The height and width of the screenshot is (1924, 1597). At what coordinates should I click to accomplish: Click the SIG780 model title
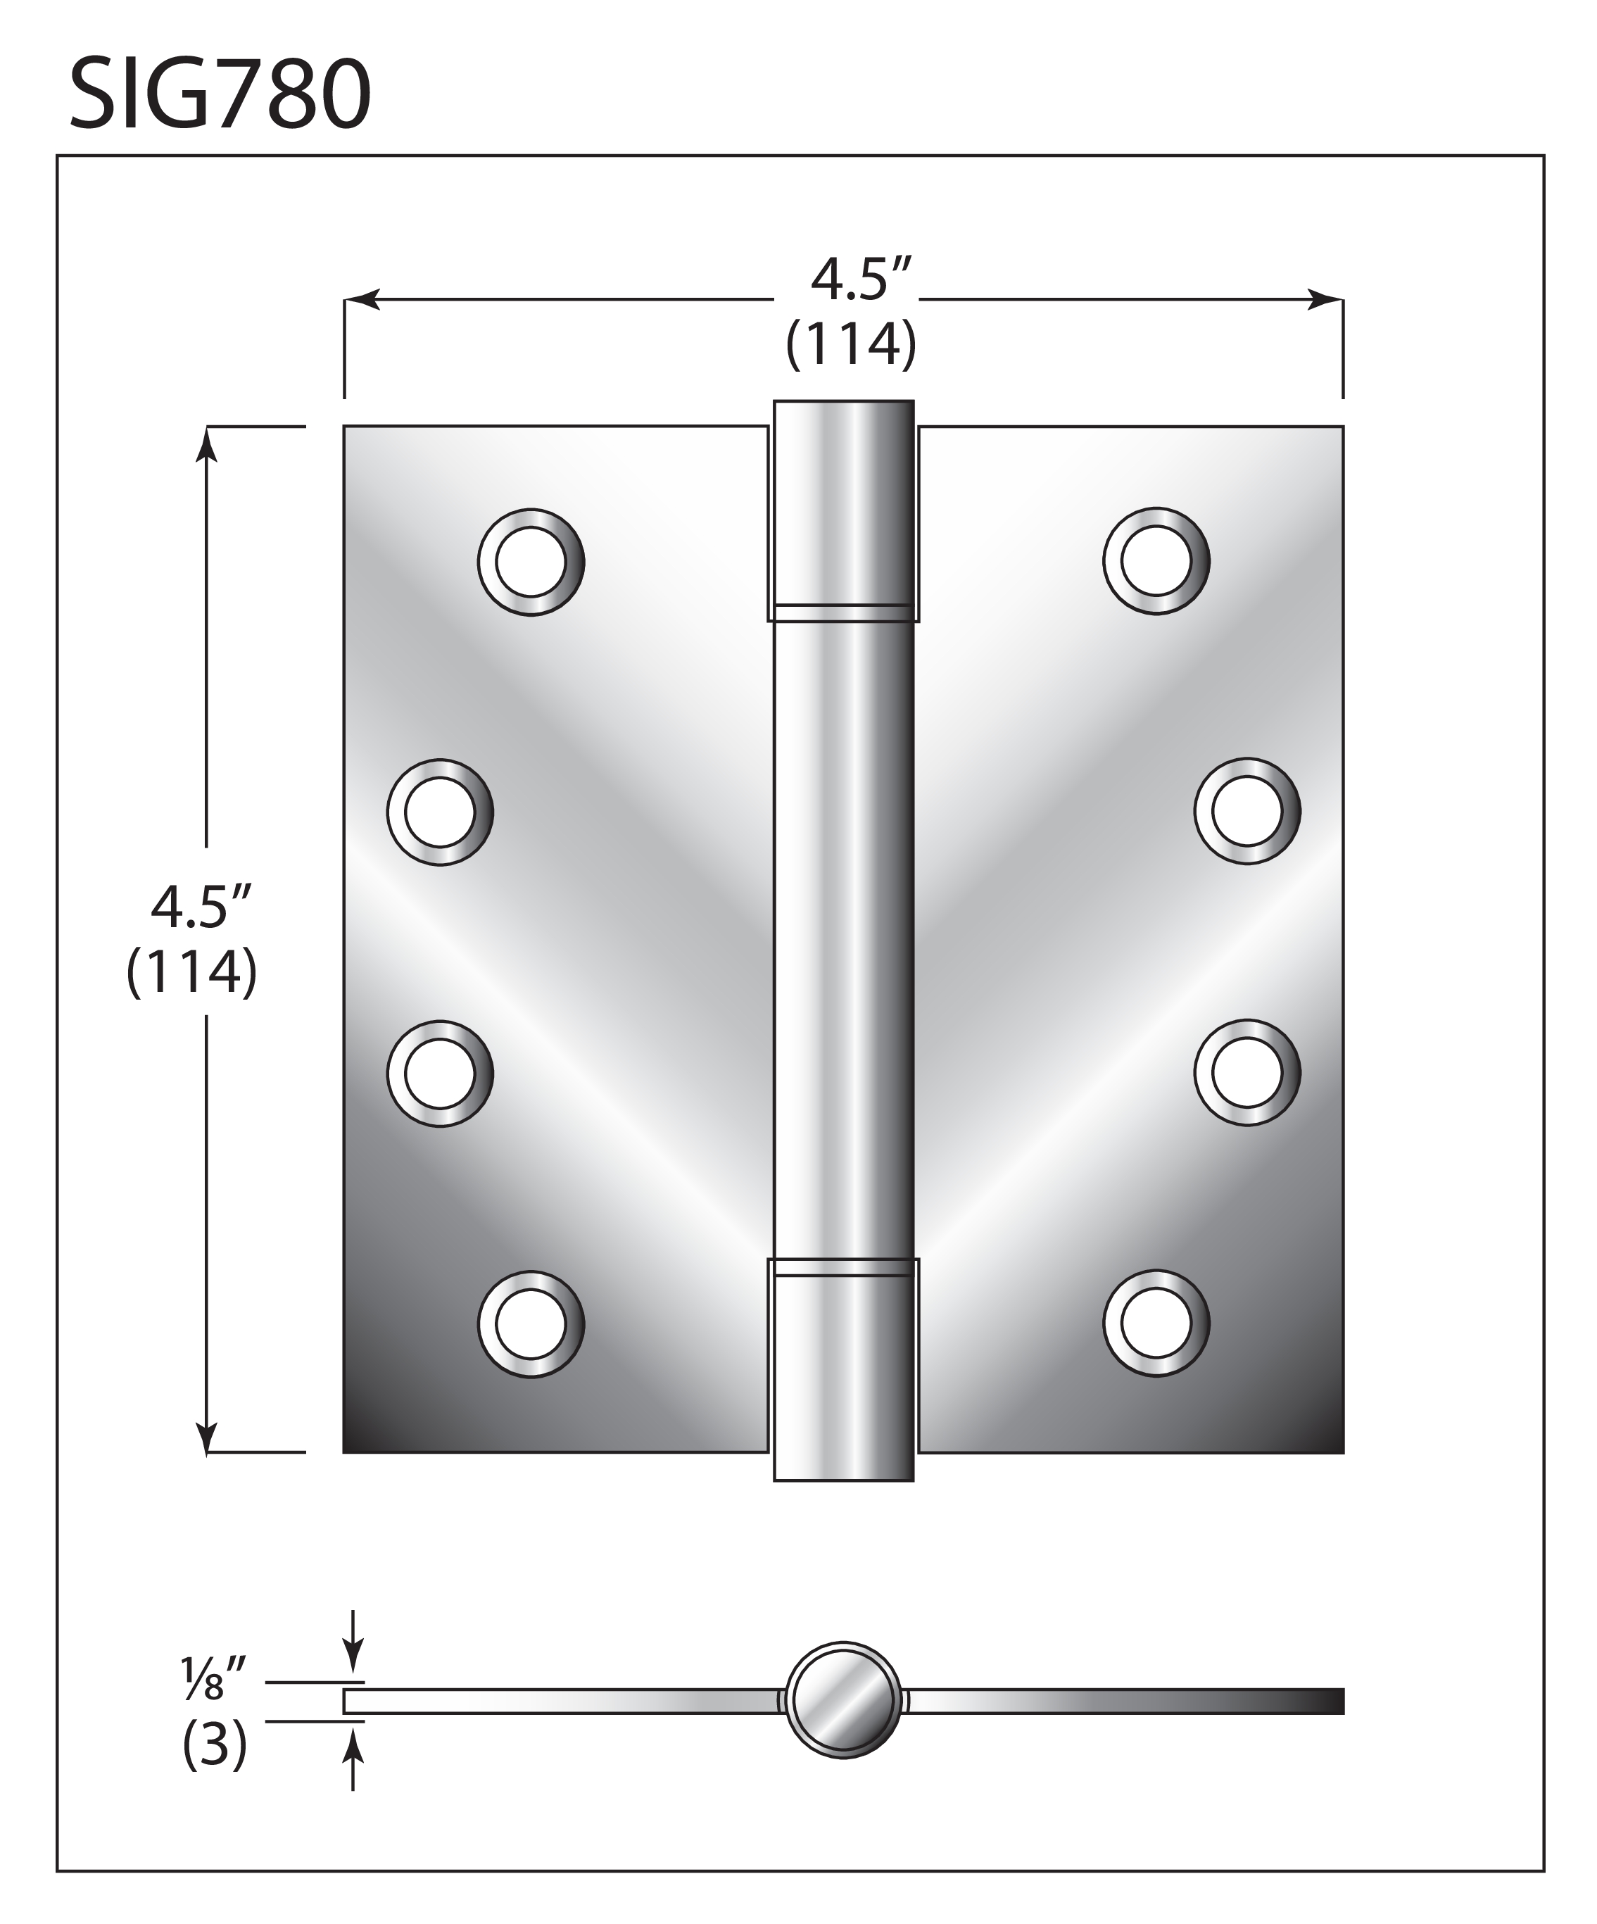pyautogui.click(x=220, y=94)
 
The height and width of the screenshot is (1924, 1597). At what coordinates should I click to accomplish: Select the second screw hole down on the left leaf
pyautogui.click(x=440, y=812)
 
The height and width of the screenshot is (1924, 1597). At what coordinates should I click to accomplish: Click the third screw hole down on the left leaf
pyautogui.click(x=440, y=1073)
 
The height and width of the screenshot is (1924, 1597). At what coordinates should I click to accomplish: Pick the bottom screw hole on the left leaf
pyautogui.click(x=531, y=1324)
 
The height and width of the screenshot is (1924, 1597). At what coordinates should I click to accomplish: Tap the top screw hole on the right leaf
pyautogui.click(x=1156, y=560)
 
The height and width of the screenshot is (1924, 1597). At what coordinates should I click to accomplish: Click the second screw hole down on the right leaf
pyautogui.click(x=1247, y=811)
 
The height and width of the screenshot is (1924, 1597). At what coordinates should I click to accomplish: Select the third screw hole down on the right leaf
pyautogui.click(x=1247, y=1072)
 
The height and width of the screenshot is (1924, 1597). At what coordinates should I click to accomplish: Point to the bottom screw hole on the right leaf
pyautogui.click(x=1156, y=1323)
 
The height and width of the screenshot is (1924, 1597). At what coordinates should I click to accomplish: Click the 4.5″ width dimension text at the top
pyautogui.click(x=861, y=280)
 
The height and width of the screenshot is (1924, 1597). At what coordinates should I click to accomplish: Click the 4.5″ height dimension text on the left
pyautogui.click(x=201, y=908)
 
